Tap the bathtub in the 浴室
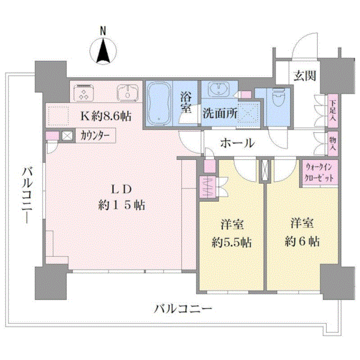(159, 103)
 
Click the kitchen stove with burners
(83, 93)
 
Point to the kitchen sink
(128, 93)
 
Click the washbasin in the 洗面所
(219, 89)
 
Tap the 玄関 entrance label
(305, 76)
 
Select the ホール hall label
(237, 143)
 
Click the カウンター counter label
(95, 136)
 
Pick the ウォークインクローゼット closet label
(319, 173)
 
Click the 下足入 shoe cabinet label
(332, 111)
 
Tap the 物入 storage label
(332, 144)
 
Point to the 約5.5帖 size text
(232, 242)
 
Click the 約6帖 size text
(302, 241)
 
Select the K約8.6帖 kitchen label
(106, 116)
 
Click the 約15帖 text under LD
(121, 205)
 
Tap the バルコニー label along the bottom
(183, 309)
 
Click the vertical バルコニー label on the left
(27, 196)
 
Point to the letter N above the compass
(103, 31)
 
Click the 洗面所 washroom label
(220, 112)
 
